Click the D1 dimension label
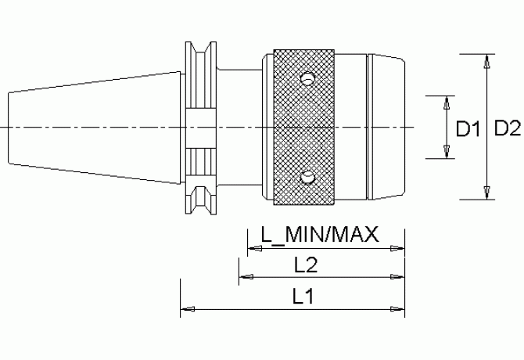(x=468, y=129)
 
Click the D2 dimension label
(x=508, y=128)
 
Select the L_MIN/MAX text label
(x=320, y=235)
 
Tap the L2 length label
(x=306, y=265)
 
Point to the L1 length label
(x=303, y=297)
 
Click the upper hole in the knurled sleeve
(x=307, y=78)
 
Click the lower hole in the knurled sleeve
(x=307, y=178)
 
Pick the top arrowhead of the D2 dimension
(x=487, y=61)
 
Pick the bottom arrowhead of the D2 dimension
(x=487, y=193)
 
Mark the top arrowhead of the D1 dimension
(x=447, y=103)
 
